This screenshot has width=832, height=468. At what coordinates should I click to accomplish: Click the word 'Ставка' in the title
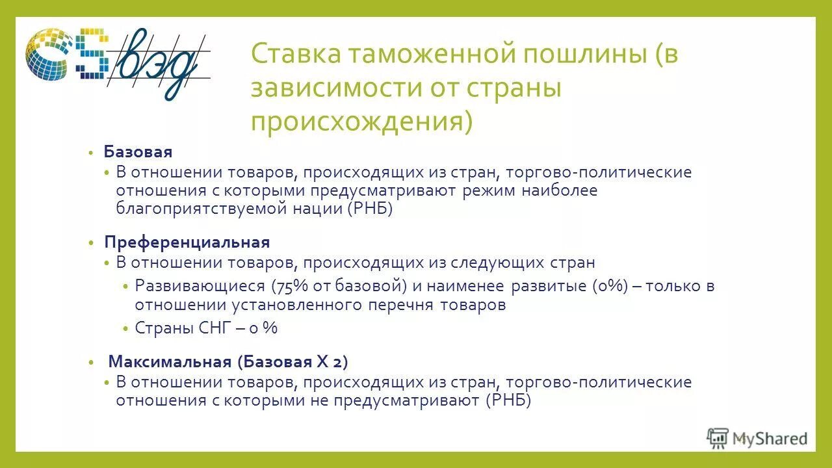[x=292, y=55]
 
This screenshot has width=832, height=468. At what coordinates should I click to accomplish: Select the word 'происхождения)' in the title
[x=361, y=122]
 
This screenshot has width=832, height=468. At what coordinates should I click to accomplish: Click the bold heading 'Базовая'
[x=138, y=152]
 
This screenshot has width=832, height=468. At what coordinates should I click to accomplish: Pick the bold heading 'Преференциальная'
[x=187, y=242]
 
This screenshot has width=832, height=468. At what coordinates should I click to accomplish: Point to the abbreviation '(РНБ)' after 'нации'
[x=370, y=209]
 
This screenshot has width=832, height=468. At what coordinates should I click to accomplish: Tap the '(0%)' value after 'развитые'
[x=610, y=286]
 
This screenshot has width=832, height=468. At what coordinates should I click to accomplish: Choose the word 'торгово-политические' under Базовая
[x=598, y=172]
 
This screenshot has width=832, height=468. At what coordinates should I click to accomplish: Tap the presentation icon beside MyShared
[x=718, y=439]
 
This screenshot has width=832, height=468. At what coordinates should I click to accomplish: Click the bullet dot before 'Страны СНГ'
[x=126, y=329]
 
